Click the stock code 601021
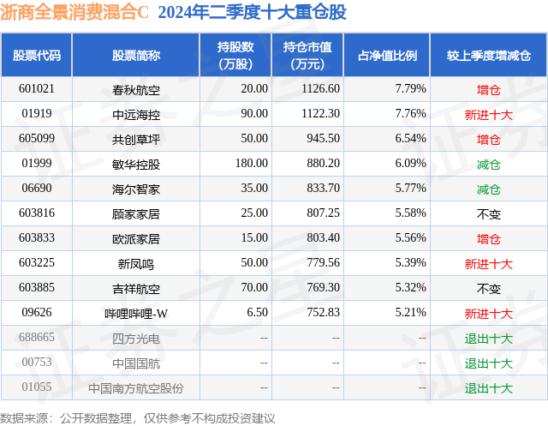pyautogui.click(x=37, y=88)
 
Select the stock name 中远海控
pyautogui.click(x=136, y=113)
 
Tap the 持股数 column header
pyautogui.click(x=235, y=56)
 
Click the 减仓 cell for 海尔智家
pyautogui.click(x=488, y=188)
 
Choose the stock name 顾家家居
pyautogui.click(x=136, y=213)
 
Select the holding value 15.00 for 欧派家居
pyautogui.click(x=254, y=237)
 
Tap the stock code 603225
pyautogui.click(x=37, y=262)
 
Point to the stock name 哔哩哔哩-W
pyautogui.click(x=136, y=313)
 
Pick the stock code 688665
pyautogui.click(x=37, y=338)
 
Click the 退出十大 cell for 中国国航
pyautogui.click(x=488, y=363)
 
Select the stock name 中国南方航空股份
pyautogui.click(x=136, y=387)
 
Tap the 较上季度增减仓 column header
pyautogui.click(x=488, y=56)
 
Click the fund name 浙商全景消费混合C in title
pyautogui.click(x=74, y=12)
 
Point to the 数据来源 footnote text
pyautogui.click(x=138, y=417)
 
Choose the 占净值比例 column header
pyautogui.click(x=387, y=56)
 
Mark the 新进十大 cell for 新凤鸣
pyautogui.click(x=488, y=262)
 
